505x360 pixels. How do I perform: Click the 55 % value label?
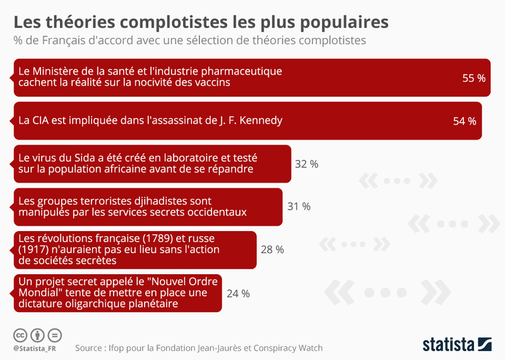pyautogui.click(x=473, y=78)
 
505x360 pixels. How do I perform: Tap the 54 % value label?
pyautogui.click(x=465, y=121)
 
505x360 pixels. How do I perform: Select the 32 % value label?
pyautogui.click(x=307, y=164)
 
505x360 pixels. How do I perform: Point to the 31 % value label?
pyautogui.click(x=299, y=207)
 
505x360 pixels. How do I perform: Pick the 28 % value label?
pyautogui.click(x=272, y=249)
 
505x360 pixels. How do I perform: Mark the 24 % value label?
pyautogui.click(x=238, y=293)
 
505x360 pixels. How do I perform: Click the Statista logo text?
pyautogui.click(x=448, y=345)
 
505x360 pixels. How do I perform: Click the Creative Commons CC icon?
pyautogui.click(x=20, y=335)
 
